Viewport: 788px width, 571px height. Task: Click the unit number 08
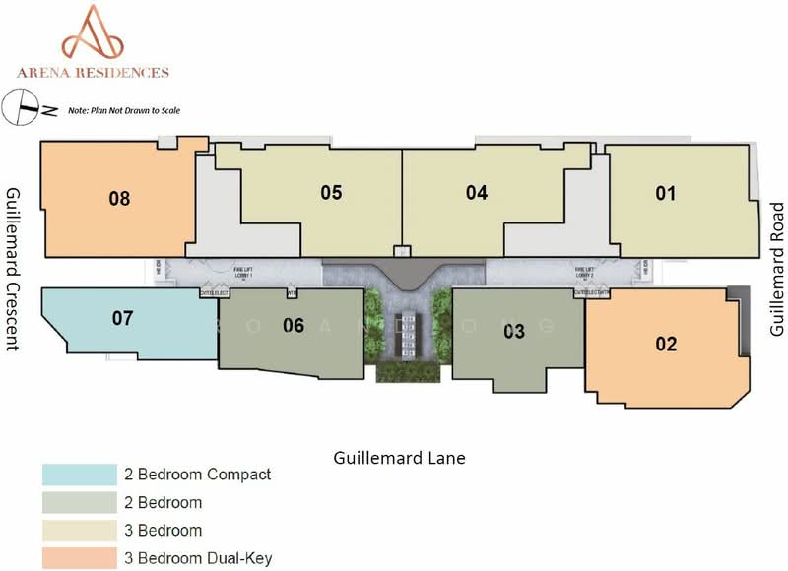(x=119, y=199)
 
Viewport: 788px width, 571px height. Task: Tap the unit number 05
(x=331, y=193)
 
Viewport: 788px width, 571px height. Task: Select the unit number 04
(x=477, y=193)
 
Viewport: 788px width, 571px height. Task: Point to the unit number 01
(x=666, y=193)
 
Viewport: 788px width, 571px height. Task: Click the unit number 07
(x=122, y=318)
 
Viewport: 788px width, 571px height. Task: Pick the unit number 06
(x=294, y=325)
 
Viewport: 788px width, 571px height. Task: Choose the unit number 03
(x=514, y=332)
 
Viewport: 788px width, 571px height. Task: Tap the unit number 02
(x=666, y=344)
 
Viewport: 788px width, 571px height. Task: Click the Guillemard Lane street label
(x=399, y=458)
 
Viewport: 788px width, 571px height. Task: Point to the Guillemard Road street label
(x=776, y=269)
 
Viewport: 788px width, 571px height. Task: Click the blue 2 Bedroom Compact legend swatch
(x=75, y=475)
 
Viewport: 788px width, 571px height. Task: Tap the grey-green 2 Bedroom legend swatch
(x=75, y=503)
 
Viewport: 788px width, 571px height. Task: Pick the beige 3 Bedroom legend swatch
(x=75, y=531)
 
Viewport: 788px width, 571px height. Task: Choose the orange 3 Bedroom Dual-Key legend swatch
(x=75, y=558)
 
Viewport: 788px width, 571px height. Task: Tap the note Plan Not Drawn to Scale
(x=124, y=110)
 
